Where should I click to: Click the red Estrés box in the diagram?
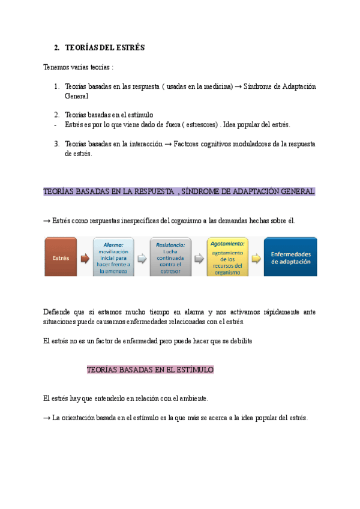[x=61, y=258]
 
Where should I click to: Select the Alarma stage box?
[x=113, y=258]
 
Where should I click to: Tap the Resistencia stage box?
[x=170, y=258]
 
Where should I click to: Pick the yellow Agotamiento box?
[x=227, y=258]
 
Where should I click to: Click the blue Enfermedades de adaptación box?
[x=290, y=258]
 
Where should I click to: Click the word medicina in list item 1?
[x=217, y=86]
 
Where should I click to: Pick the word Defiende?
[x=57, y=312]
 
